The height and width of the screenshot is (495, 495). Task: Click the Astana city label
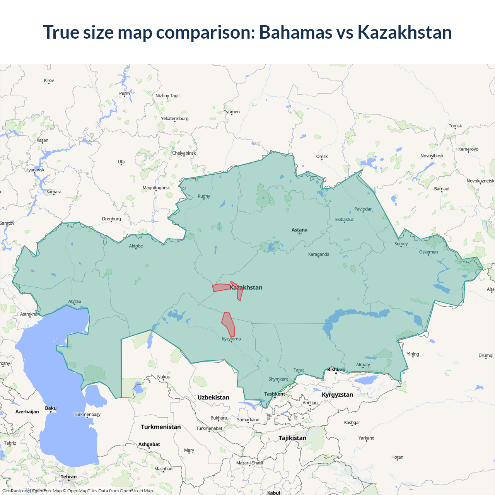(299, 230)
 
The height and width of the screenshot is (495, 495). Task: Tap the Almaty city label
(363, 365)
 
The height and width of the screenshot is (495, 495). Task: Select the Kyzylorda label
(231, 339)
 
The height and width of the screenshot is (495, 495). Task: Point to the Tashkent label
(275, 394)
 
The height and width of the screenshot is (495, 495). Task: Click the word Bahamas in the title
(295, 32)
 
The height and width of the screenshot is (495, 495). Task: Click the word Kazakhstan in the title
(405, 32)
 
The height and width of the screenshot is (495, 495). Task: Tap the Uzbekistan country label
(213, 398)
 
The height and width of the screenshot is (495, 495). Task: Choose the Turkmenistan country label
(161, 427)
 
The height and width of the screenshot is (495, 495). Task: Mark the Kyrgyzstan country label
(337, 395)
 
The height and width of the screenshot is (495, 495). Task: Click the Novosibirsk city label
(432, 156)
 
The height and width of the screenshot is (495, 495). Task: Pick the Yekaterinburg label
(175, 119)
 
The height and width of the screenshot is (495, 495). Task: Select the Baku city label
(51, 408)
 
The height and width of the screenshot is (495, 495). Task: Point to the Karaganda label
(319, 254)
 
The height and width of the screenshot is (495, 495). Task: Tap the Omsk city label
(322, 157)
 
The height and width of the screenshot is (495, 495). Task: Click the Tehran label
(68, 477)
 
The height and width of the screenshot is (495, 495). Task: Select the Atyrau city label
(75, 302)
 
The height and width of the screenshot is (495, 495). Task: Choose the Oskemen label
(428, 252)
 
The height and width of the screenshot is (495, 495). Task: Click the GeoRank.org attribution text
(15, 491)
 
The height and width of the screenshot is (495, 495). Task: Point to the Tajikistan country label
(292, 438)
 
